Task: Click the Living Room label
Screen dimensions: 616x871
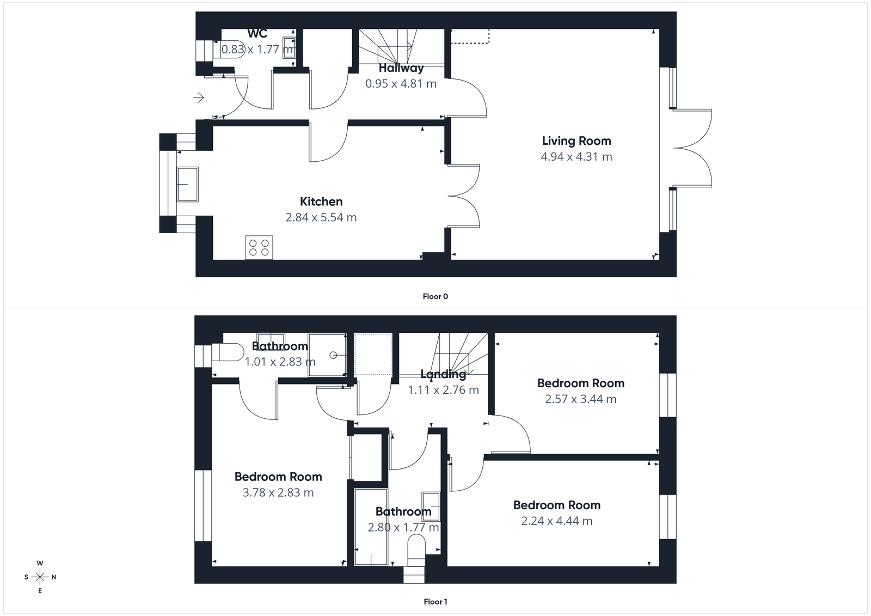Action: [x=576, y=141]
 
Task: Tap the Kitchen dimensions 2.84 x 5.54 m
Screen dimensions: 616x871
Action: [x=321, y=218]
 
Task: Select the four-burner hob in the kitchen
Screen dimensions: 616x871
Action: [x=259, y=247]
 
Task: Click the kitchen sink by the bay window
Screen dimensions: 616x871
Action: [x=187, y=184]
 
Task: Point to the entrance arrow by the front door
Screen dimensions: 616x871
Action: [x=199, y=98]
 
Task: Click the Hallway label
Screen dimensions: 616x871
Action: [x=401, y=69]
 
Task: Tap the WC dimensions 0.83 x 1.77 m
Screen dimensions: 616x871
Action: [x=257, y=50]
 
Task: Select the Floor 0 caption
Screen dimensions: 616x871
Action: [x=435, y=297]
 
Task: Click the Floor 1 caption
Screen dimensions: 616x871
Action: [x=435, y=602]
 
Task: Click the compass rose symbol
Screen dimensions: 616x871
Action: [x=40, y=577]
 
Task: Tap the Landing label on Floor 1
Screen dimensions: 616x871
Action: [x=443, y=374]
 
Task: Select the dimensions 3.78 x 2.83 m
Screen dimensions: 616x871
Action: [x=278, y=493]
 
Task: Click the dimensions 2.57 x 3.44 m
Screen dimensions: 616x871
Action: [x=581, y=399]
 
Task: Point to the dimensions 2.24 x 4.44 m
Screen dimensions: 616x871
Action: [x=557, y=521]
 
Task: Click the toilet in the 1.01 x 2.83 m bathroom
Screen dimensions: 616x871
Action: [x=228, y=352]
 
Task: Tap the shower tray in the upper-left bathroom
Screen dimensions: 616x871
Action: [x=327, y=355]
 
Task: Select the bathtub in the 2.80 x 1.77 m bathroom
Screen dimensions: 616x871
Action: [x=371, y=527]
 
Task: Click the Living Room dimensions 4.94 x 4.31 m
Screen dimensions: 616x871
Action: [x=576, y=157]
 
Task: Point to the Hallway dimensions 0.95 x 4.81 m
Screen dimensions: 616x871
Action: [x=401, y=84]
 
